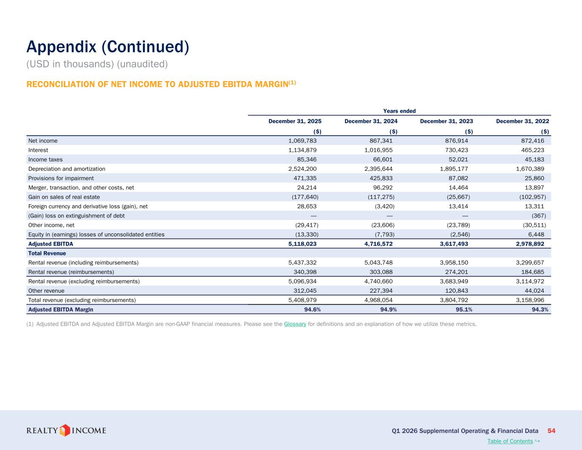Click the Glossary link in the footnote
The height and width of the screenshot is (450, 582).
295,324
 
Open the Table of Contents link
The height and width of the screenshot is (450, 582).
510,441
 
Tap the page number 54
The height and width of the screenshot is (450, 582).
551,431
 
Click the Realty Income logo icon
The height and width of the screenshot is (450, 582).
64,430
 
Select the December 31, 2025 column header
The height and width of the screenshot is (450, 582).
295,121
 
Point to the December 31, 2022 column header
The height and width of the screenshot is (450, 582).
523,121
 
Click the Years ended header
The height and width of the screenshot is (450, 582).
400,111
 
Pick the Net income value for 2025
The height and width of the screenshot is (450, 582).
302,141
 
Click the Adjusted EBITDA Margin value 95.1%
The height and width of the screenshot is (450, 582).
464,309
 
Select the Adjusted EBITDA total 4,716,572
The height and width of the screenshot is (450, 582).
379,244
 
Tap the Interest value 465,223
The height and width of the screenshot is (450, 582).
533,150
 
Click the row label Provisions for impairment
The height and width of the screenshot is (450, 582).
61,178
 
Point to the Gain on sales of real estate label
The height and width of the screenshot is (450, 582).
64,197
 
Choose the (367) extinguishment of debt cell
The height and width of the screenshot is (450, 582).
539,216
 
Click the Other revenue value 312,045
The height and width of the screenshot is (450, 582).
305,290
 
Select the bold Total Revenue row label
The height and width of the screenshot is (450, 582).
47,253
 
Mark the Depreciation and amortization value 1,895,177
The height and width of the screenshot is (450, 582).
454,169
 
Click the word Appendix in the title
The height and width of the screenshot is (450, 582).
61,47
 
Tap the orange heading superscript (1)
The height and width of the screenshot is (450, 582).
292,82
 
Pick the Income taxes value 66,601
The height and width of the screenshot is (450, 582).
383,160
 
